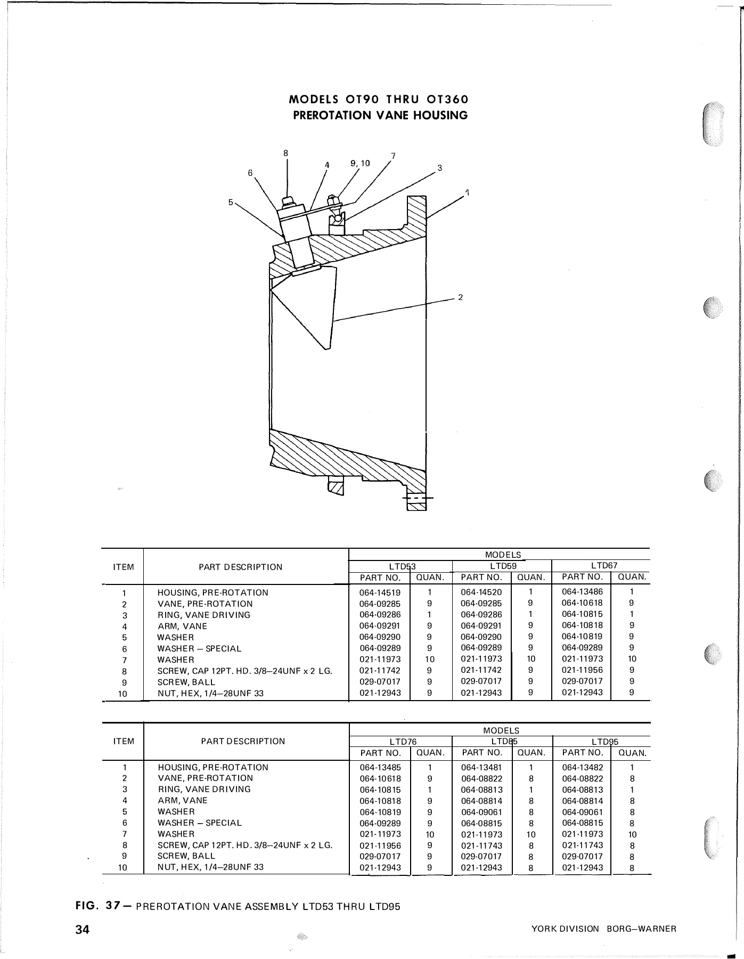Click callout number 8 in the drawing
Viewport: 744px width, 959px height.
click(x=285, y=153)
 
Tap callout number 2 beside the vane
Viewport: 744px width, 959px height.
click(x=460, y=297)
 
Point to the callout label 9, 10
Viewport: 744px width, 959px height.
click(x=360, y=163)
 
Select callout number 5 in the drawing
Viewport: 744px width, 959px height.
click(x=231, y=202)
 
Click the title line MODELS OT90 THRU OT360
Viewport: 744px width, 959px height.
click(x=379, y=100)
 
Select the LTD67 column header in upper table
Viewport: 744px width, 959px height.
click(x=604, y=565)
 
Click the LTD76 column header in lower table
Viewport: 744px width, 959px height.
click(x=403, y=742)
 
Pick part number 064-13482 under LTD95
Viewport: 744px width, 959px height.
click(x=583, y=767)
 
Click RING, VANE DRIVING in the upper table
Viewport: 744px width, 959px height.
click(x=203, y=615)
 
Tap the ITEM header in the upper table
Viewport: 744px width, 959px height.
click(x=124, y=567)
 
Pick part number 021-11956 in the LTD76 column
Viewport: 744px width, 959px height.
click(x=380, y=846)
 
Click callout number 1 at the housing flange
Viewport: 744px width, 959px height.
click(x=467, y=192)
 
